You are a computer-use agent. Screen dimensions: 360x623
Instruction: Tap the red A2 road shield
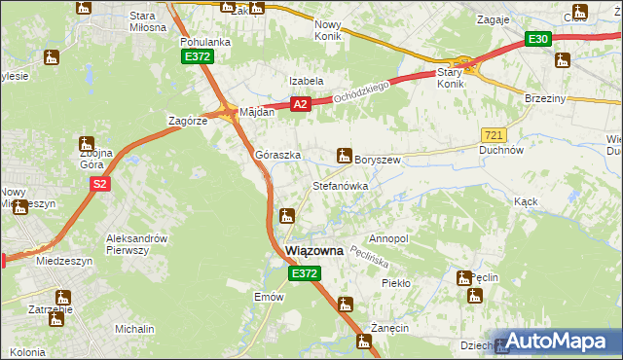pos(300,104)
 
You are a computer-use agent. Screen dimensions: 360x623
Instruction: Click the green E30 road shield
pos(538,39)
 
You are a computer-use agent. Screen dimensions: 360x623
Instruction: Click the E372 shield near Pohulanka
pos(198,57)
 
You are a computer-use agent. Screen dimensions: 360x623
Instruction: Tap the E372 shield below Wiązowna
pos(304,275)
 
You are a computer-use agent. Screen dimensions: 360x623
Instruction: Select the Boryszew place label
pos(379,160)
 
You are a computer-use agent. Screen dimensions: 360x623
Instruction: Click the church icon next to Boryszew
pos(344,154)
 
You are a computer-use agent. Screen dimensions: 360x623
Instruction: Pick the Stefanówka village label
pos(339,185)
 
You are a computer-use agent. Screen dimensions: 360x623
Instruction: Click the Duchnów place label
pos(502,151)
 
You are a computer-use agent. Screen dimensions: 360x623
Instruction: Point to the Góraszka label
pos(277,155)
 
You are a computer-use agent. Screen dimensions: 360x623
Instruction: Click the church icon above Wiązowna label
pos(286,215)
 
